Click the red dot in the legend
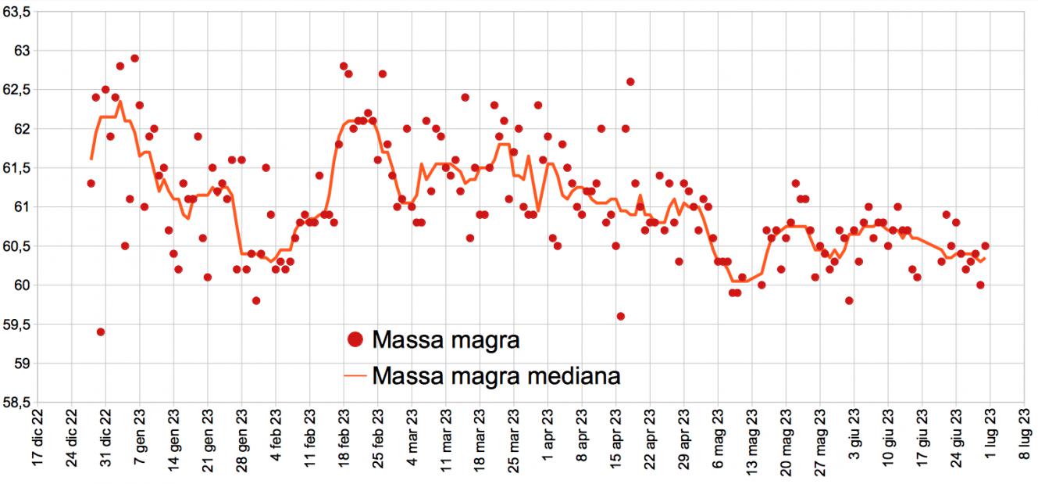tap(355, 340)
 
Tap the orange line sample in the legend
tap(355, 377)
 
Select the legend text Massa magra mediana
tap(497, 377)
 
